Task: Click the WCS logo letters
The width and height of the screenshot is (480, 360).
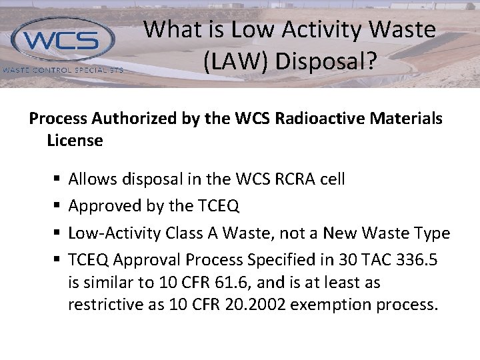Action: click(63, 41)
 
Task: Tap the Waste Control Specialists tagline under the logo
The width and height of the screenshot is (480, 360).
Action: click(63, 69)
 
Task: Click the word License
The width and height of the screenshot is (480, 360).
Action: click(75, 141)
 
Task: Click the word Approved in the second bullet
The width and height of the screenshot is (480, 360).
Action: click(103, 207)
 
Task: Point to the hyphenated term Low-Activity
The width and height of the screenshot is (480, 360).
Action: click(113, 233)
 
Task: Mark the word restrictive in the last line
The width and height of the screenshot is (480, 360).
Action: click(102, 305)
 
